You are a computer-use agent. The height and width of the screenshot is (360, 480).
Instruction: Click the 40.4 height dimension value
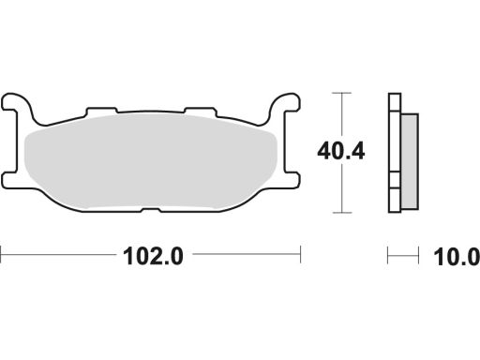[x=341, y=152]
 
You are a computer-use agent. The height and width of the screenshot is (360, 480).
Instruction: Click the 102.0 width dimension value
[x=153, y=257]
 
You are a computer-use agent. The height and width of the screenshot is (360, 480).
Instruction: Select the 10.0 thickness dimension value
[x=457, y=257]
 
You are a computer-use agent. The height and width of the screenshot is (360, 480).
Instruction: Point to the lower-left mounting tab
[x=9, y=180]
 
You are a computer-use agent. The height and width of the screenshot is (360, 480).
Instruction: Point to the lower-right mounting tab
[x=292, y=180]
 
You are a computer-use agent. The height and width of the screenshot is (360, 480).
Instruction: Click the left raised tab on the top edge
[x=101, y=111]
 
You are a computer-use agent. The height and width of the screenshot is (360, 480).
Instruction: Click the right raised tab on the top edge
[x=201, y=111]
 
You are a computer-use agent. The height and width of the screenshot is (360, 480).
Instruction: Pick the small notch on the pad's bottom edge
[x=151, y=210]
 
